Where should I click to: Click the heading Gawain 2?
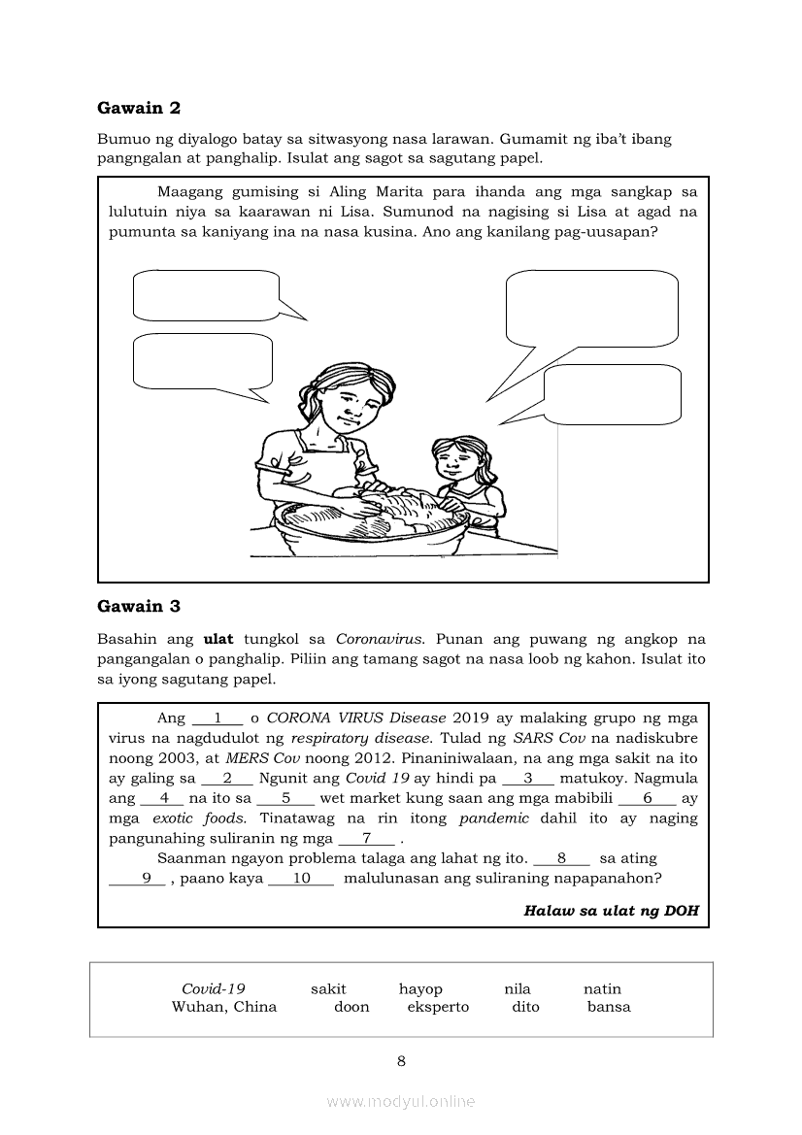(139, 108)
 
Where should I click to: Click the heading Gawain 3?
(139, 607)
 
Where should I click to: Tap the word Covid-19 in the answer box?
(213, 989)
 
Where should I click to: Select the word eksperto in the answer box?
(438, 1007)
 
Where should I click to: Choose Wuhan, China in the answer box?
(224, 1007)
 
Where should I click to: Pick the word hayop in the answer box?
(420, 989)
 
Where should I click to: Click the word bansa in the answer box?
(609, 1007)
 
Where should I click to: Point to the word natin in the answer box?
(602, 989)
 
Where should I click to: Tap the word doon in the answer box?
(351, 1007)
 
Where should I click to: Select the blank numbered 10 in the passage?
(300, 879)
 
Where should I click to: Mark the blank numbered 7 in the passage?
(366, 839)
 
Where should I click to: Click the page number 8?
(401, 1061)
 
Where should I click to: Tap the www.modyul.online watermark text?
(401, 1101)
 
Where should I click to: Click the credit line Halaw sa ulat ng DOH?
(611, 911)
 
